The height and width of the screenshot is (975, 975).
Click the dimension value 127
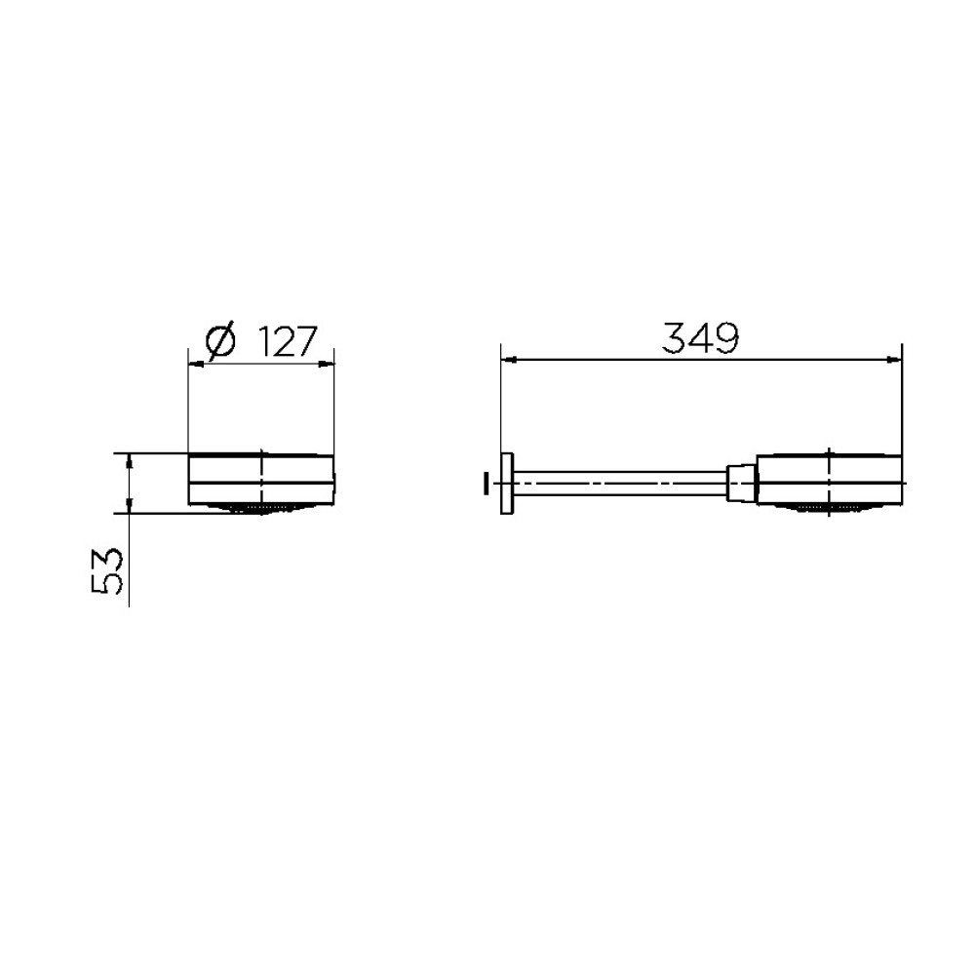pos(288,341)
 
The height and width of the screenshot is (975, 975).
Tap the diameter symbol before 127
pos(220,341)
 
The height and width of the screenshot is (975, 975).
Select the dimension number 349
pos(700,338)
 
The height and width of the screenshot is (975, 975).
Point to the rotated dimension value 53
pos(107,571)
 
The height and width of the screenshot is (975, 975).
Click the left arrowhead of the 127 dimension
pos(196,365)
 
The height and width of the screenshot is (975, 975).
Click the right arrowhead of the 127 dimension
pos(327,365)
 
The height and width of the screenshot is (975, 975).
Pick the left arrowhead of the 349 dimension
pos(509,359)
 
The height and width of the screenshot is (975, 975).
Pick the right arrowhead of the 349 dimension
pos(893,359)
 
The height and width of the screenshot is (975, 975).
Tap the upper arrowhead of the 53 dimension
pos(129,461)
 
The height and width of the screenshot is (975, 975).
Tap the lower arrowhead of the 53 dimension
pos(129,505)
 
